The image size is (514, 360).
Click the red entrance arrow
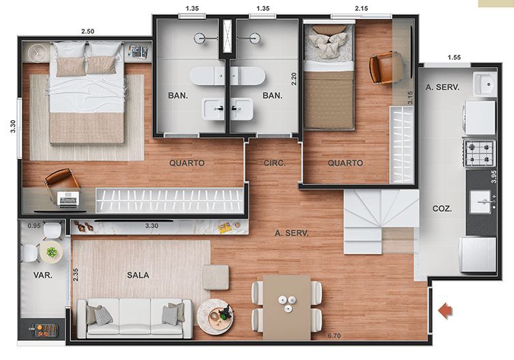coord(446,311)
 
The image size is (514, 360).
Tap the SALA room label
coord(138,275)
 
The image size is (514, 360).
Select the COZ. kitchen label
coord(442,208)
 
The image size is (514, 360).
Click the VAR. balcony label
coord(43,275)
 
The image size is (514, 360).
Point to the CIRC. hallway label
coord(274,163)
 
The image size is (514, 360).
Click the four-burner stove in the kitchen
coord(479,153)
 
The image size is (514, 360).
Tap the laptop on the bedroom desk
coord(68,199)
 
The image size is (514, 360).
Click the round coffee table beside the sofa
coord(215,316)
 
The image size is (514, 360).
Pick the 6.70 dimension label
coord(334,335)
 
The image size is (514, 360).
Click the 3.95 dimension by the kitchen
coord(494,176)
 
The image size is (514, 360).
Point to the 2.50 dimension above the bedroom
coord(87,31)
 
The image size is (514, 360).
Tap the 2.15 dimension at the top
coord(361,8)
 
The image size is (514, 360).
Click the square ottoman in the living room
coord(216,277)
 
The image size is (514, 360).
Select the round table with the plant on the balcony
coord(51,252)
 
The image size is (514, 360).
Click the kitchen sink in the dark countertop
coord(481,202)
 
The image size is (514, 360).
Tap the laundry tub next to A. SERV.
coord(485,84)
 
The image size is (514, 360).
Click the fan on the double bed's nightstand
coord(36,52)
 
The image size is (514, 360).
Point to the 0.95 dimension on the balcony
coord(34,226)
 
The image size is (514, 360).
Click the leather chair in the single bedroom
coord(386,68)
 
